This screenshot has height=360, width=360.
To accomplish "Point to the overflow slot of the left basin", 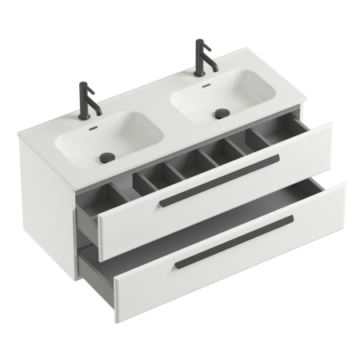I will pos(94,127).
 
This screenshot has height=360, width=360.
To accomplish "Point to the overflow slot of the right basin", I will pos(206,86).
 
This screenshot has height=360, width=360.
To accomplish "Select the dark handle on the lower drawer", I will pos(234,239).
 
